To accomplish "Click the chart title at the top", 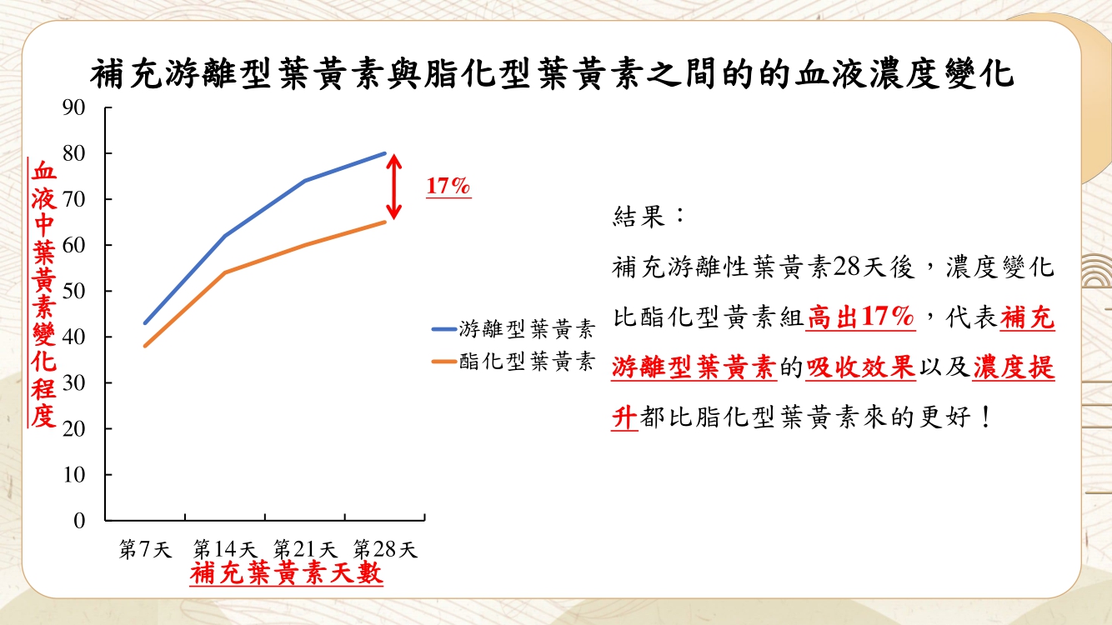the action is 552,73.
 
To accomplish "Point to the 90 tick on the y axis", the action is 74,107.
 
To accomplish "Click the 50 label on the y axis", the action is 74,291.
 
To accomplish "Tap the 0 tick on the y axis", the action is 79,521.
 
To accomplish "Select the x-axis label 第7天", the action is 145,549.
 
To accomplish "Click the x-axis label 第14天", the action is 225,549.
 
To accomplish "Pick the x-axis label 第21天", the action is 305,549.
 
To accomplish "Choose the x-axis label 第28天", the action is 385,549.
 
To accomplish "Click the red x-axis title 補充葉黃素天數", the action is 287,573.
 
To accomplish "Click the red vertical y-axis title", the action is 43,293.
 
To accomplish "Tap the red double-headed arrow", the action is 393,187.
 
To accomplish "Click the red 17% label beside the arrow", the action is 448,187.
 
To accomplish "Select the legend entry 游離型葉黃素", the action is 513,328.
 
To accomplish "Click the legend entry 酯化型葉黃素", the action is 513,361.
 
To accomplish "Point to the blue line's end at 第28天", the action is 385,153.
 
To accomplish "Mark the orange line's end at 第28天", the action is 385,222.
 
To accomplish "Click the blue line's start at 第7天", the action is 145,323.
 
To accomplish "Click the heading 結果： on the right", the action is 648,217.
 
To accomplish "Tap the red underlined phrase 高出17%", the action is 860,317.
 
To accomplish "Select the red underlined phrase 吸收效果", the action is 860,367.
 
